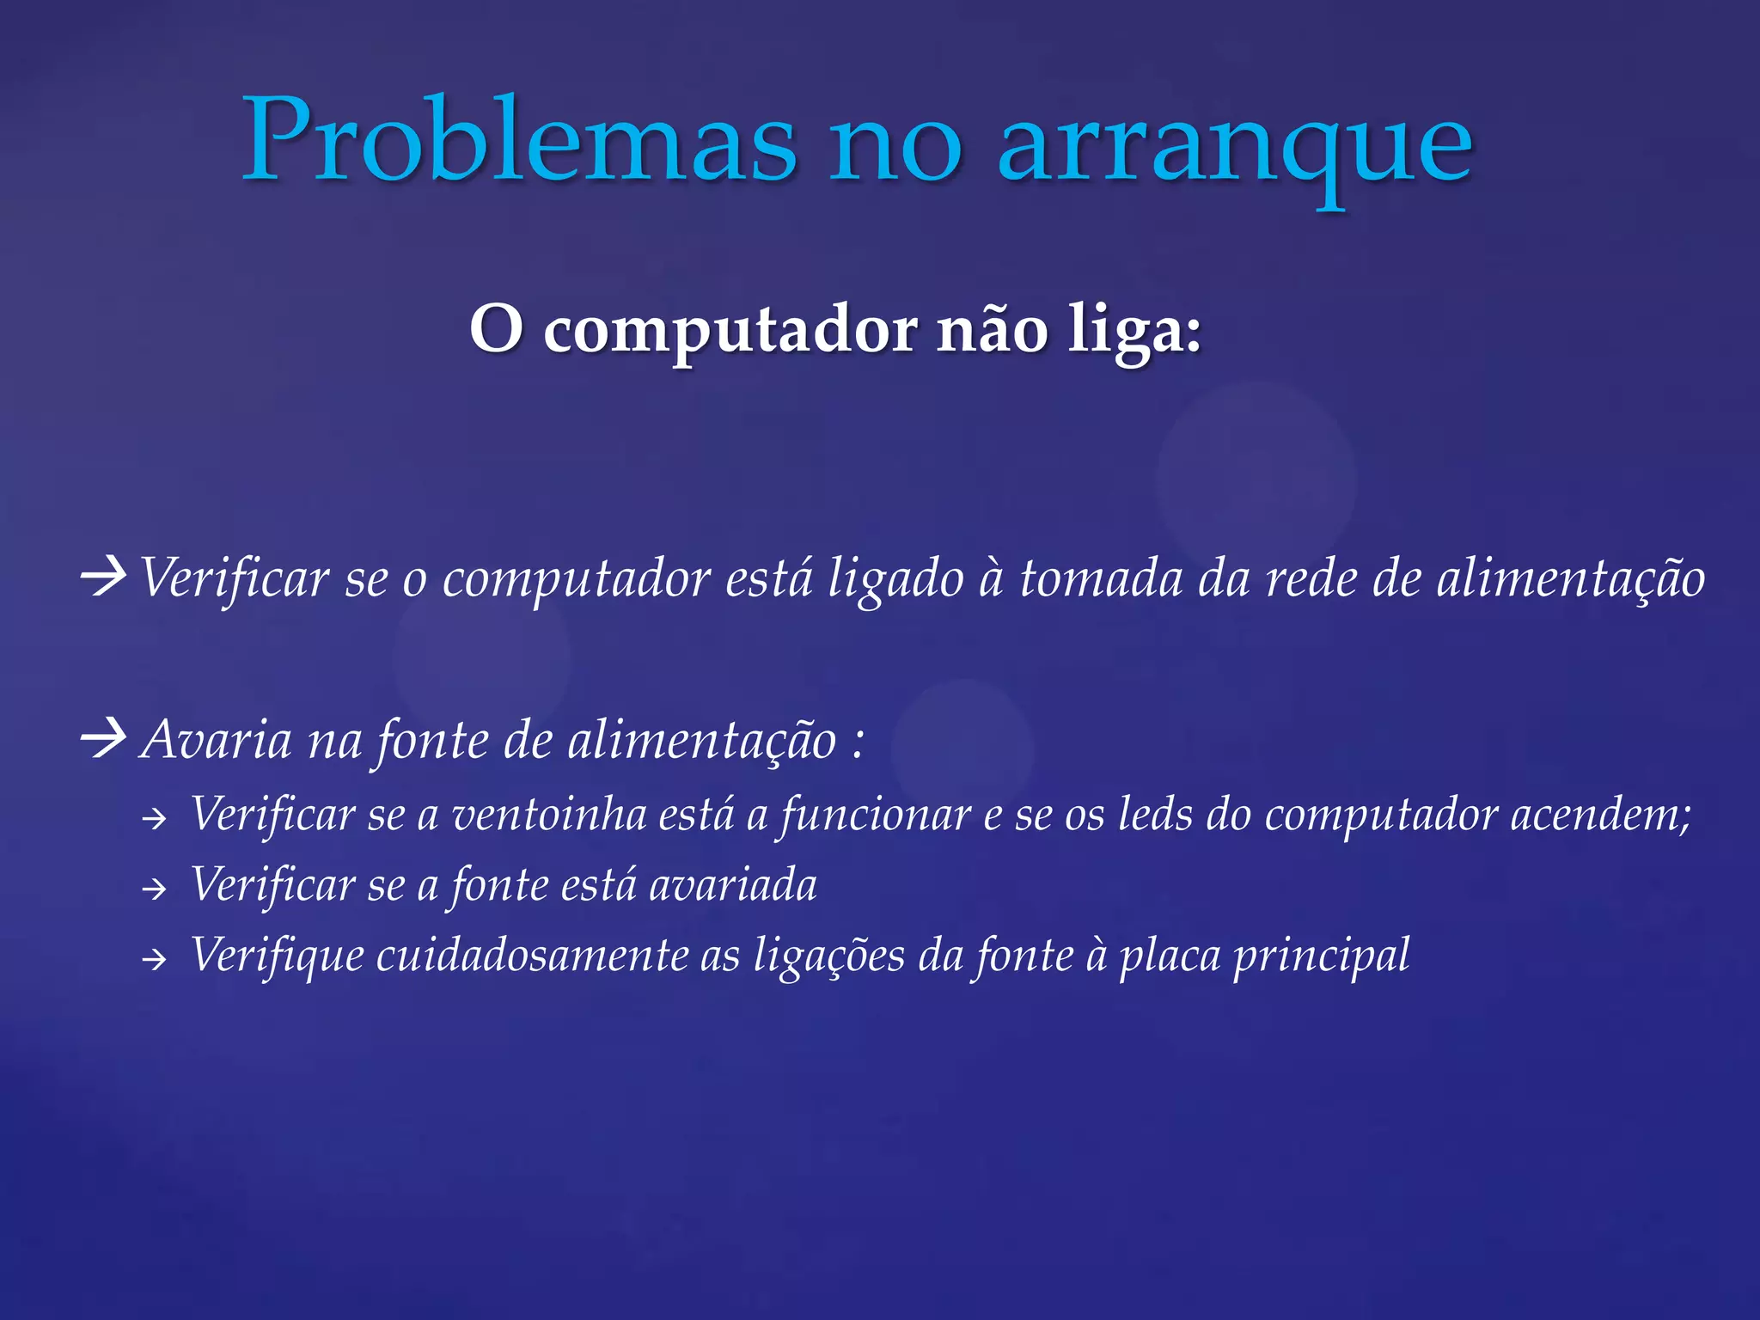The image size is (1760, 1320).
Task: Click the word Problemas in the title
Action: [x=519, y=140]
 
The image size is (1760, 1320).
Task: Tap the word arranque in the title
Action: [x=1234, y=146]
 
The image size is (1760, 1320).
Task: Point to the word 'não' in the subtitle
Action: [x=992, y=330]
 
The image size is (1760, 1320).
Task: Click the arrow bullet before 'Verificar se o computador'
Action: [x=103, y=577]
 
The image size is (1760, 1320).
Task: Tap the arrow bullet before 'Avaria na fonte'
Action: [x=103, y=738]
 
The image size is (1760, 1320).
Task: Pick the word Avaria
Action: [x=217, y=740]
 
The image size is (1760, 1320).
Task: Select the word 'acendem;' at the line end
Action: [x=1600, y=815]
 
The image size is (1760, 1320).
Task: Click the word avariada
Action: [x=732, y=885]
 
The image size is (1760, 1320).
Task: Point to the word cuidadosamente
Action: [x=532, y=956]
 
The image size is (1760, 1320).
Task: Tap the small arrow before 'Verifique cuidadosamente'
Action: [x=154, y=959]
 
